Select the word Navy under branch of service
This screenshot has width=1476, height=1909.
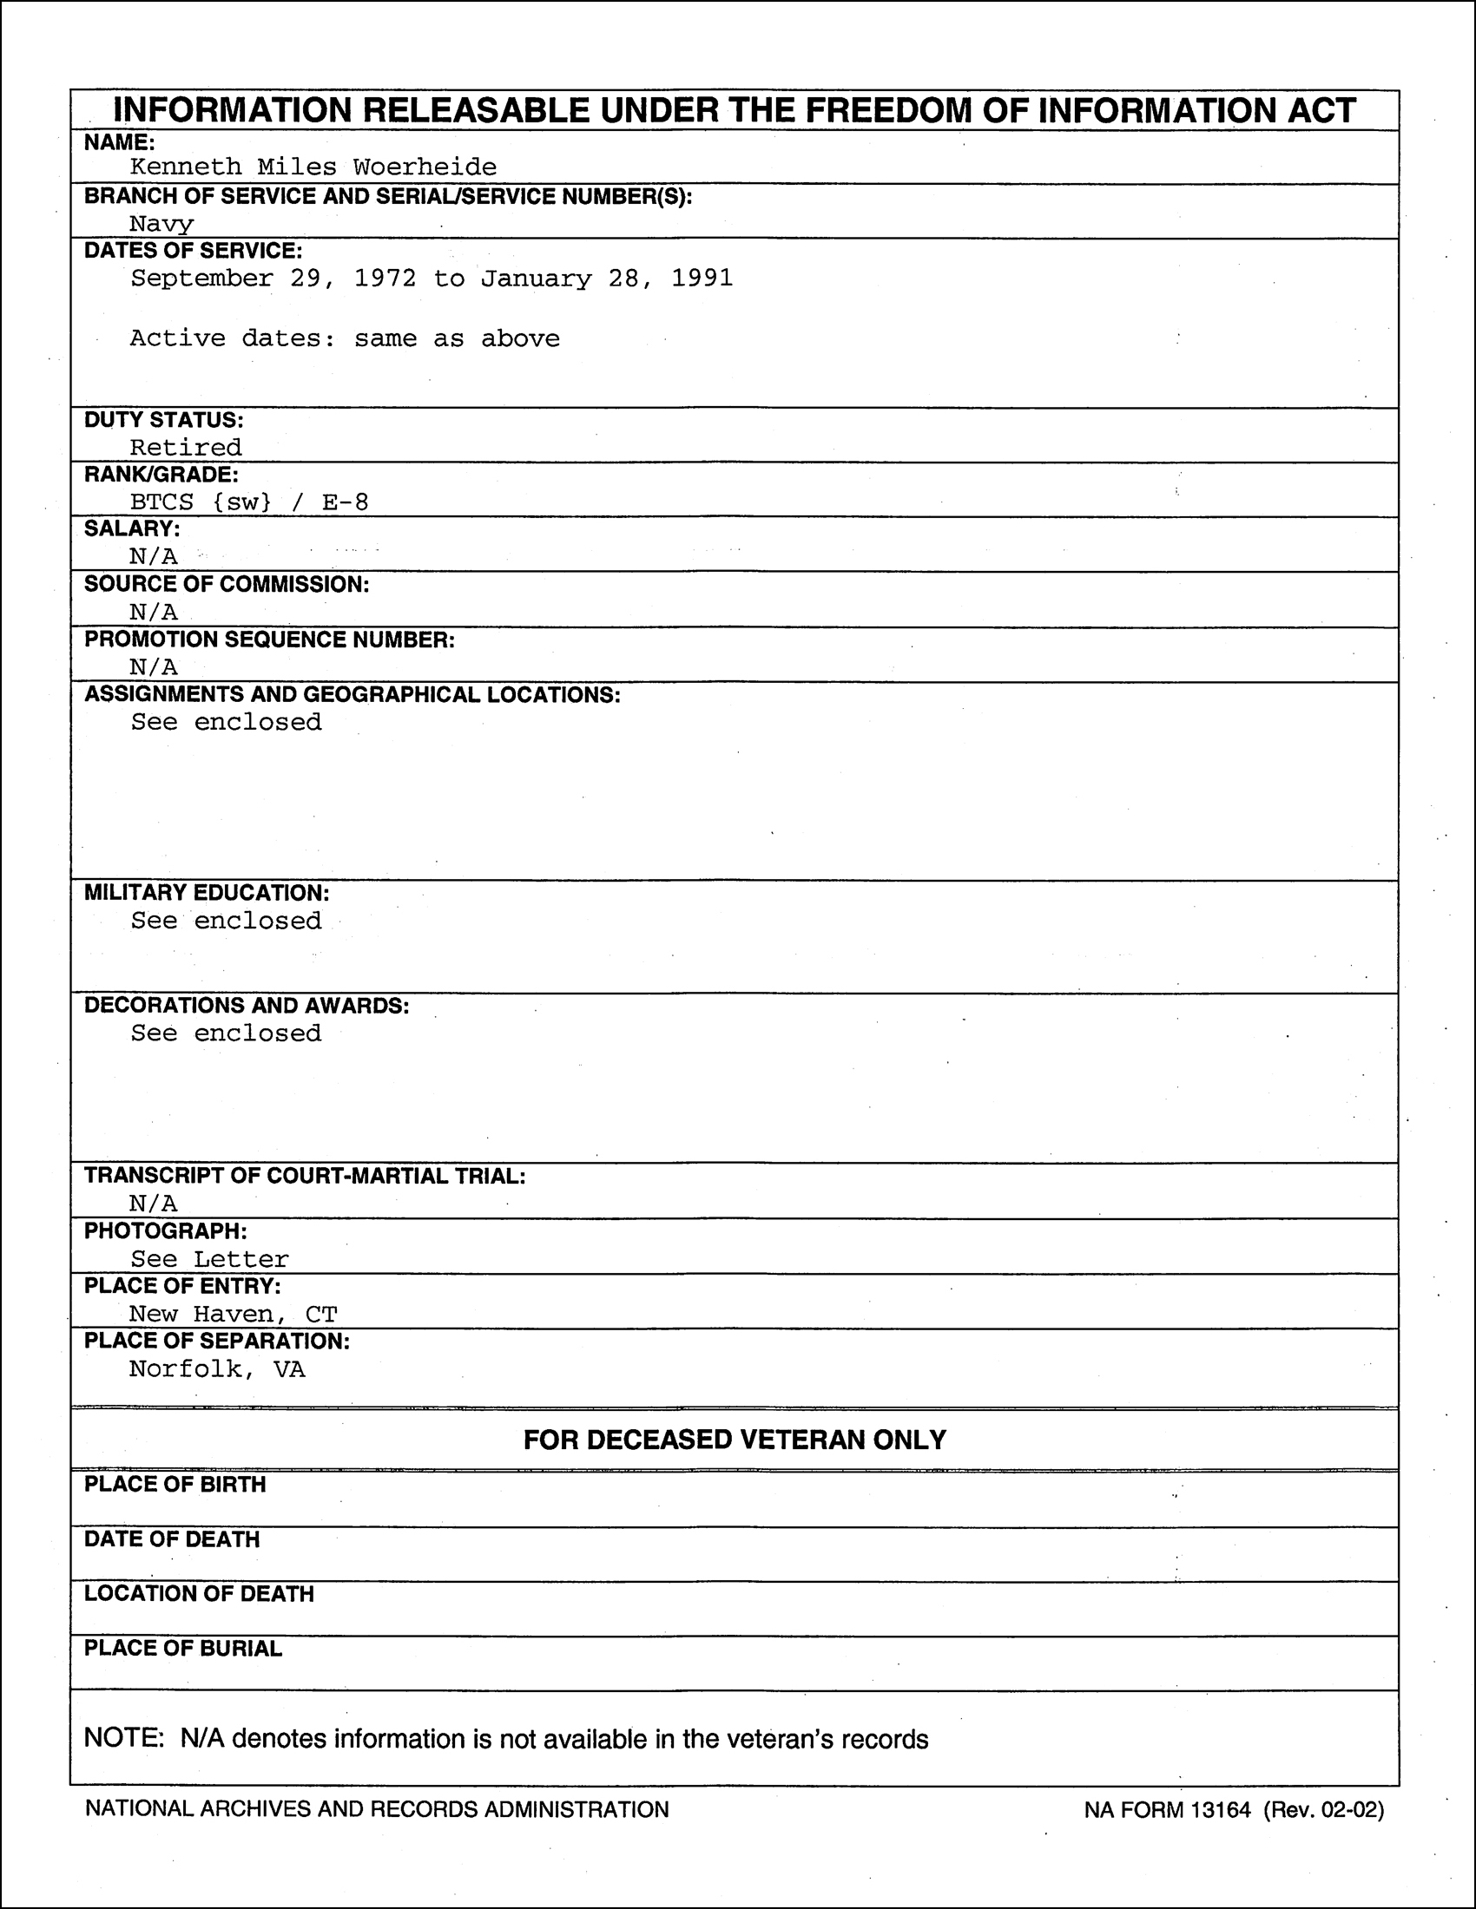[161, 224]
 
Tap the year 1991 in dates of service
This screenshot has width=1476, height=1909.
[702, 279]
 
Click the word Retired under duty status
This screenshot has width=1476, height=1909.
[187, 448]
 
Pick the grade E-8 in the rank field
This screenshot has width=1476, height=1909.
[346, 502]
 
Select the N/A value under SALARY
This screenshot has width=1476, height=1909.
[154, 557]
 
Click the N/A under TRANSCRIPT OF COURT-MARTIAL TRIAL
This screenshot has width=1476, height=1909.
[154, 1204]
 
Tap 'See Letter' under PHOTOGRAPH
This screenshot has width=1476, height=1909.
[210, 1259]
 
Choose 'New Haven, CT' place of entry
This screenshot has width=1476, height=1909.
[234, 1314]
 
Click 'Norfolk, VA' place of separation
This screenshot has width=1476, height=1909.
[218, 1368]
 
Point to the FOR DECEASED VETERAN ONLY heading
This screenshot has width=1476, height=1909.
[735, 1440]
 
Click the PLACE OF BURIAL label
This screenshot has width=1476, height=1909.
[182, 1649]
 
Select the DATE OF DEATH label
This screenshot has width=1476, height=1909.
[171, 1539]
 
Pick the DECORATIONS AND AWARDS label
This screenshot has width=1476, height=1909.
[247, 1006]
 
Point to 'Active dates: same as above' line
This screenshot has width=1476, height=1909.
[345, 338]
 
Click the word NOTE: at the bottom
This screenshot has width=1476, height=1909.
[123, 1738]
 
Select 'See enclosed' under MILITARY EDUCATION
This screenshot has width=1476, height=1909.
[227, 921]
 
